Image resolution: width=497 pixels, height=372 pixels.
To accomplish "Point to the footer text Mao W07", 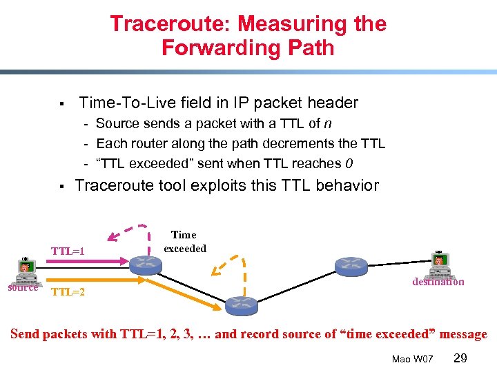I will tap(412, 359).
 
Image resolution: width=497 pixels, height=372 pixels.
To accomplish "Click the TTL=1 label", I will tap(68, 251).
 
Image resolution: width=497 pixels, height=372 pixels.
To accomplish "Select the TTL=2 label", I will tap(68, 292).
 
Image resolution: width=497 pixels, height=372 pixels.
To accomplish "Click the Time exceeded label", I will tap(184, 242).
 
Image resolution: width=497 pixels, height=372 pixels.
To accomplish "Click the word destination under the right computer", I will tap(438, 282).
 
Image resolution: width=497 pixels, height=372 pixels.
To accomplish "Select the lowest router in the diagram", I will tap(242, 304).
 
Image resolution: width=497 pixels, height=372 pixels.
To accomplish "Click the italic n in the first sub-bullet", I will tap(328, 124).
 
